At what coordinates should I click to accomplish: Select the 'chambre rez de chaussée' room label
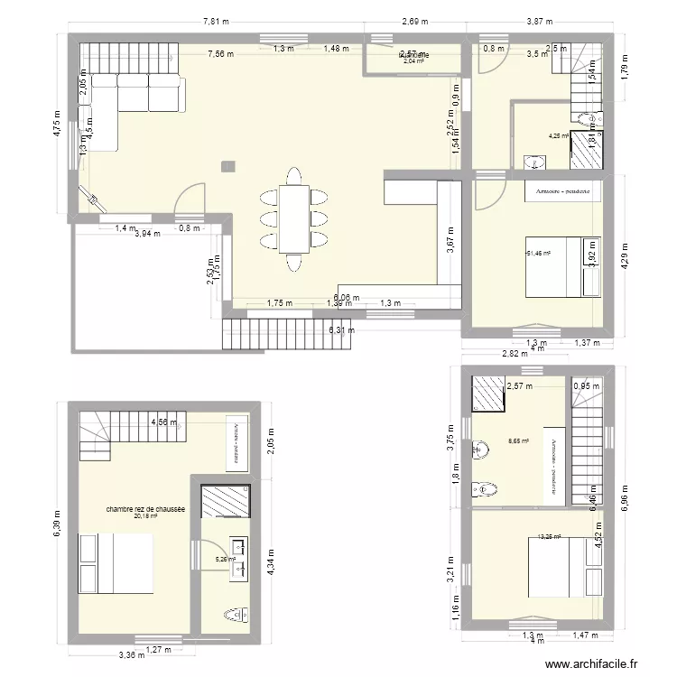click(x=145, y=509)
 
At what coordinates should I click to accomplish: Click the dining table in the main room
click(x=293, y=218)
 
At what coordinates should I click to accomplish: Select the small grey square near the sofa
click(x=228, y=165)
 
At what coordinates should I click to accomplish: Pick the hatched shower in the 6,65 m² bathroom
click(x=490, y=394)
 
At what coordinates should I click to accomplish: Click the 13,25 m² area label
click(x=548, y=536)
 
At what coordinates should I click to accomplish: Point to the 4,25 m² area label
click(x=558, y=136)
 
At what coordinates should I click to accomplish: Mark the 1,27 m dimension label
click(x=159, y=648)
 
